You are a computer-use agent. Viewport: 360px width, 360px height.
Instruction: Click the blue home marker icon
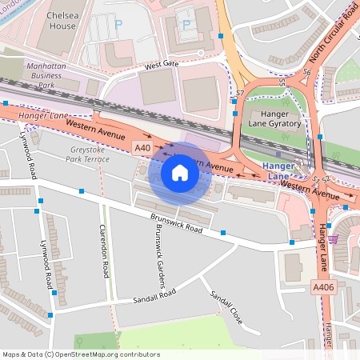(x=180, y=173)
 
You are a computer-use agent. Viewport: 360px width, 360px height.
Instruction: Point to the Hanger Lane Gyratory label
(x=274, y=118)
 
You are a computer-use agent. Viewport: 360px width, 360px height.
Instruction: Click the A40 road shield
(x=142, y=147)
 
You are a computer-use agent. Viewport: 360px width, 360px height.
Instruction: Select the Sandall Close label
(x=225, y=307)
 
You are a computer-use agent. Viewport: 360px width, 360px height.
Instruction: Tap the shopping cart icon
(x=333, y=238)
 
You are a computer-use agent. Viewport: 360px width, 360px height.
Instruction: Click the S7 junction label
(x=239, y=94)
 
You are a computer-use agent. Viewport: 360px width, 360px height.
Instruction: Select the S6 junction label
(x=306, y=72)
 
